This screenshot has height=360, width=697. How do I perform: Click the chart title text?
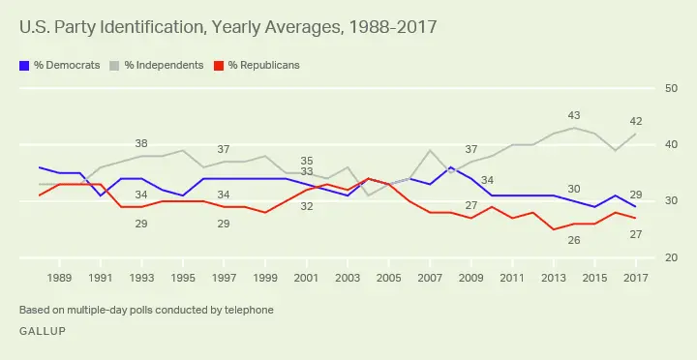point(227,27)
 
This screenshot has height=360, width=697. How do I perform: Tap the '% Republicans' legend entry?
point(256,65)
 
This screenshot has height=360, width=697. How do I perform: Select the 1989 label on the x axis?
point(60,279)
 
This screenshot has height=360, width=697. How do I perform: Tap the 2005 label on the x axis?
point(387,279)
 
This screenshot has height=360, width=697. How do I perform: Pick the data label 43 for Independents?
point(574,116)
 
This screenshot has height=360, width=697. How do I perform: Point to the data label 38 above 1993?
point(141,143)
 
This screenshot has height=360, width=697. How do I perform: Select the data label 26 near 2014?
point(574,239)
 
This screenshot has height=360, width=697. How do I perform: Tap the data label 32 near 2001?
point(306,206)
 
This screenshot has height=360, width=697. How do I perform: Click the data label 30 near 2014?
point(574,190)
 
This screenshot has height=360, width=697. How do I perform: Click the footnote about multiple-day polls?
point(146,310)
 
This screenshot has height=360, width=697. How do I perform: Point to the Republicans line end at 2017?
point(634,219)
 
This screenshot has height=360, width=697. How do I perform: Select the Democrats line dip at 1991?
point(101,195)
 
